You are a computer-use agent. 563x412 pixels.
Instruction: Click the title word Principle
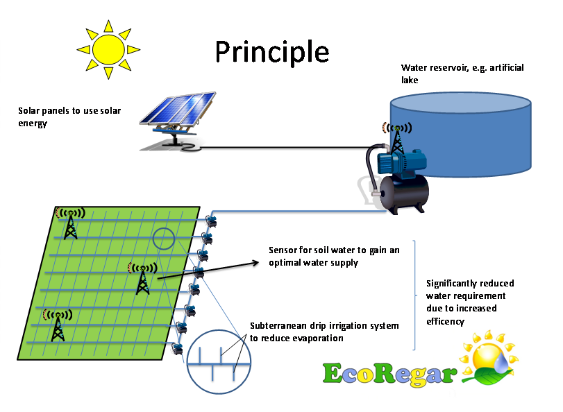pos(271,51)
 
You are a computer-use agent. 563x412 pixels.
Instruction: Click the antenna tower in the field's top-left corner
pos(71,223)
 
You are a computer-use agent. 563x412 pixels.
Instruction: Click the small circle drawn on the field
pos(164,239)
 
